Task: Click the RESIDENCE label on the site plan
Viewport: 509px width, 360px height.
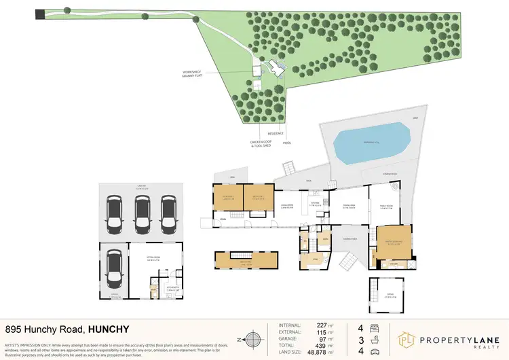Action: click(x=275, y=134)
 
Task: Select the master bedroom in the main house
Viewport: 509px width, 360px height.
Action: click(x=390, y=241)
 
